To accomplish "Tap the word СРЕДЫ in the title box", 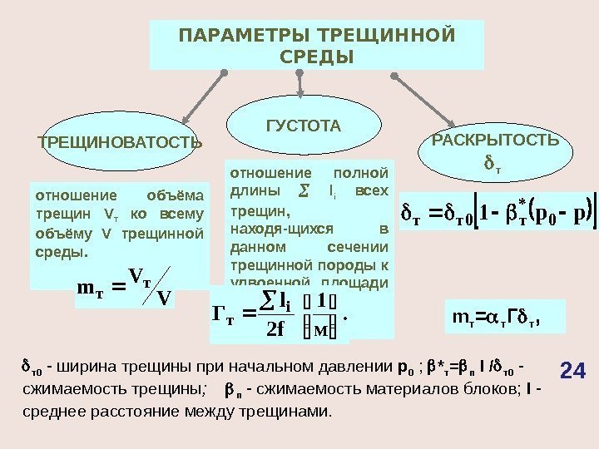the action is tap(316, 57).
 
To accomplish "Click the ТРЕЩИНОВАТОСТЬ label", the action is tap(120, 142).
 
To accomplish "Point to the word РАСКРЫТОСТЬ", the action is tap(496, 140).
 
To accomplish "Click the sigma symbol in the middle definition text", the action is tap(303, 191).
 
